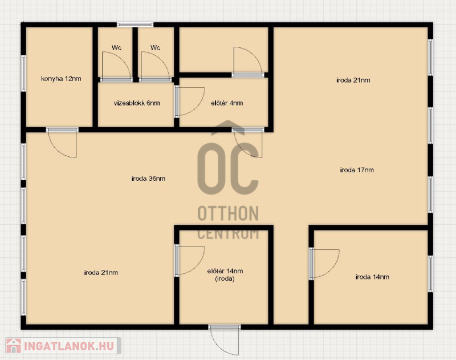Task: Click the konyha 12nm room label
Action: (x=61, y=79)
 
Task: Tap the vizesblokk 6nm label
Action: (x=137, y=103)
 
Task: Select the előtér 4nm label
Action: (x=227, y=103)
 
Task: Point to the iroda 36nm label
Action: (x=148, y=179)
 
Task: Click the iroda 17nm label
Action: (x=357, y=169)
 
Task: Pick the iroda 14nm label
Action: (x=372, y=277)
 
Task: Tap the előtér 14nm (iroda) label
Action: (x=225, y=275)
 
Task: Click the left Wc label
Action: (x=116, y=47)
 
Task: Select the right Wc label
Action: (x=155, y=47)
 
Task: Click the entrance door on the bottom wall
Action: (x=225, y=340)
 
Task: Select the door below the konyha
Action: (x=62, y=143)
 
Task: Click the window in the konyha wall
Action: (x=23, y=74)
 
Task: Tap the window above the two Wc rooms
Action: (x=135, y=25)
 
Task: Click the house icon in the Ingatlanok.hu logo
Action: (x=13, y=346)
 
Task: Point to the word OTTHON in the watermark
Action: (x=228, y=213)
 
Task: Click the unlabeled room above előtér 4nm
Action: (x=223, y=50)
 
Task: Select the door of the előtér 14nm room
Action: (x=189, y=261)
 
